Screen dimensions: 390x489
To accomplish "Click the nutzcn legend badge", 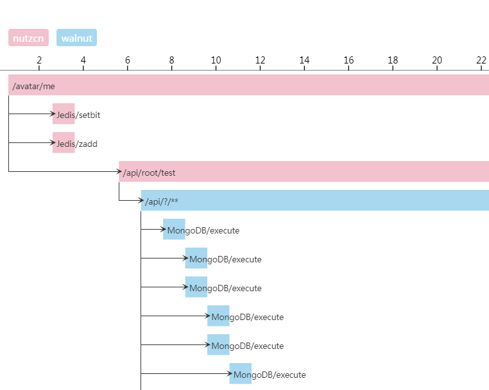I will tap(28, 38).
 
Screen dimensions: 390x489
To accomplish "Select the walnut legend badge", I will tap(76, 38).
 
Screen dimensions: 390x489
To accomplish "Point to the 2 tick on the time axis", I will tap(39, 60).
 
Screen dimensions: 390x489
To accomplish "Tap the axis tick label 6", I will tap(128, 60).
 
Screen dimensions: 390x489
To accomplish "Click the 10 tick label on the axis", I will tap(216, 60).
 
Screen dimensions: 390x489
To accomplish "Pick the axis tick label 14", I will tap(304, 60).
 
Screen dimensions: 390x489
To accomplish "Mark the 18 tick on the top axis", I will tap(393, 60).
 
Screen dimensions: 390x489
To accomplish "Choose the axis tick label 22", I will tap(481, 60).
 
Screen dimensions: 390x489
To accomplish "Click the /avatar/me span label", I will tap(34, 85).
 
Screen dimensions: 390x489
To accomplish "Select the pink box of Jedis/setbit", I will tap(64, 114).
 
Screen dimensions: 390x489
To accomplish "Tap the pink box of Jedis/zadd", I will tap(64, 143).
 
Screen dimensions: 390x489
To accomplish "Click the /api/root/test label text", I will tap(149, 172).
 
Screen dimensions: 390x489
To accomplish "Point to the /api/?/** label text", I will tap(162, 201).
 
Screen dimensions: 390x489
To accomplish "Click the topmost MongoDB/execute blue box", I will tap(174, 230).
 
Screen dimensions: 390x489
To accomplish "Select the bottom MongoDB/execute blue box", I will tap(240, 374).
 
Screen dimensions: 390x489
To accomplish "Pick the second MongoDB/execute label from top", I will tap(225, 259).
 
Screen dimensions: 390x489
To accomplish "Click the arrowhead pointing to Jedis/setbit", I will tap(53, 114).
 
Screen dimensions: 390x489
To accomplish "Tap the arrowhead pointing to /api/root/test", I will tap(119, 171).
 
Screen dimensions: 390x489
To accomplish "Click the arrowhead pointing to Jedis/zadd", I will tap(53, 142).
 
